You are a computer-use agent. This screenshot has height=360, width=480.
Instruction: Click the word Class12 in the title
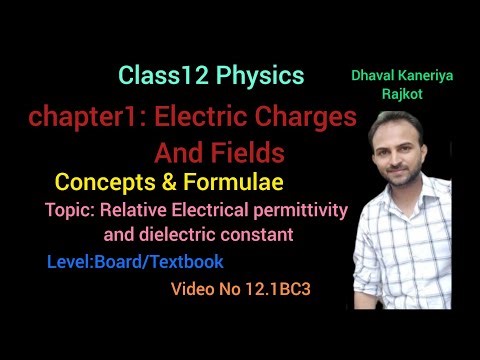[155, 75]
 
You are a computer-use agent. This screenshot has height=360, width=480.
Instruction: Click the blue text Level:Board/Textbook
[135, 262]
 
